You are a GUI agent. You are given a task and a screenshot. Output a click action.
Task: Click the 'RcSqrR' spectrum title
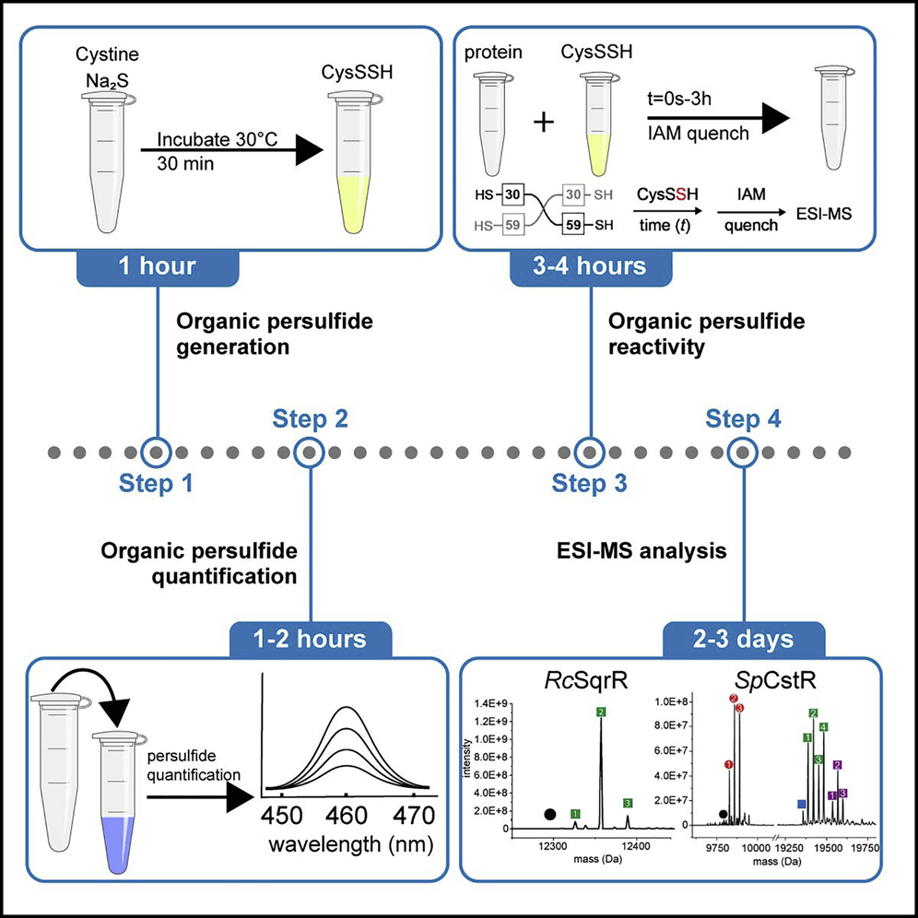pyautogui.click(x=562, y=685)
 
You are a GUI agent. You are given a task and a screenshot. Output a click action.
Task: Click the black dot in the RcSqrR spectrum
pyautogui.click(x=549, y=814)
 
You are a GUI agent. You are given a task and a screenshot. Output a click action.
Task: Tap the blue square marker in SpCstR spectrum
pyautogui.click(x=802, y=805)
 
